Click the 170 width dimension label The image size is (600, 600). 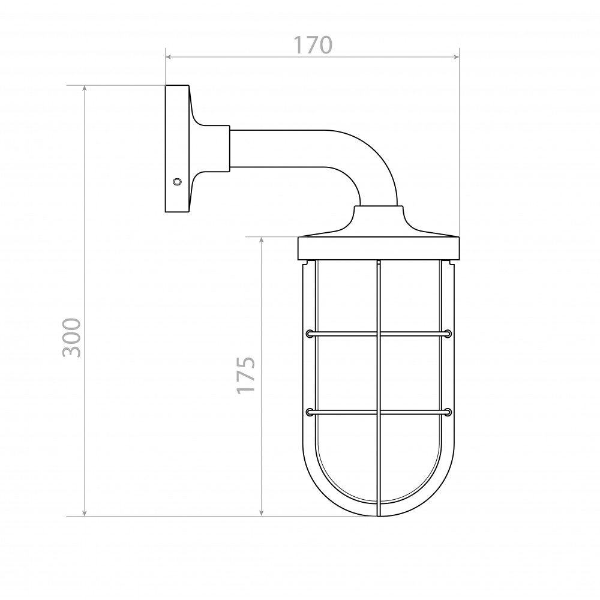(x=313, y=45)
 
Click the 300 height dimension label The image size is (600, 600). (x=72, y=337)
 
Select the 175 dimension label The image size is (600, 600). (x=245, y=375)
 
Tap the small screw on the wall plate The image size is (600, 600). (x=177, y=181)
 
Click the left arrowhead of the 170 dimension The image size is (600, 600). (x=168, y=57)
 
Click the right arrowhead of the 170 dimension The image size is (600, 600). (x=456, y=57)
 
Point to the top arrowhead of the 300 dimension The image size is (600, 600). (x=85, y=88)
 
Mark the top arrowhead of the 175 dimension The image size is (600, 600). (x=262, y=240)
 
